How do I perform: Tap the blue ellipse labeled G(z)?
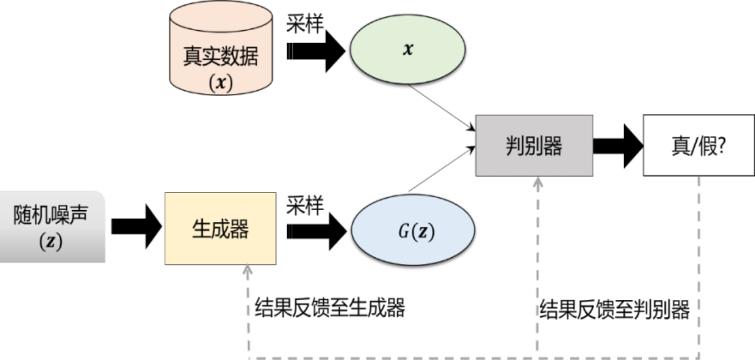[x=413, y=232]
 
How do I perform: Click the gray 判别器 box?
[x=534, y=146]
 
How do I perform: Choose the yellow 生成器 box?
[x=221, y=228]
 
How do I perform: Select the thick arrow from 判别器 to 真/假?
[x=617, y=145]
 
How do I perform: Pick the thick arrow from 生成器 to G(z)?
[x=316, y=232]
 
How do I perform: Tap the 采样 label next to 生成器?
[x=306, y=205]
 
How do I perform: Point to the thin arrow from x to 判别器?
[x=442, y=107]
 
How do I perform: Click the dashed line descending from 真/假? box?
[x=699, y=266]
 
